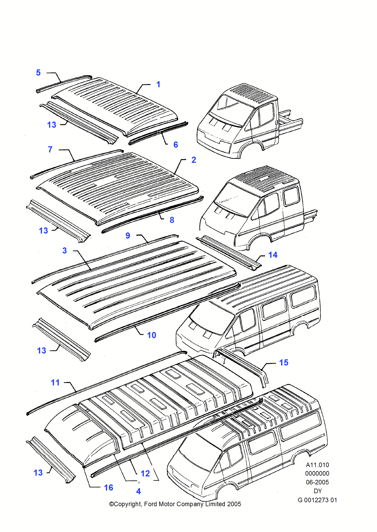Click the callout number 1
[158, 85]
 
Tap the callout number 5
[38, 73]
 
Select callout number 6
[176, 145]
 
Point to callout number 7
[50, 149]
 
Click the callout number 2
[194, 160]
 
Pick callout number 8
[172, 220]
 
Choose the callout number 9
[128, 236]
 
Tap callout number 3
[65, 251]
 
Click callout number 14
[273, 255]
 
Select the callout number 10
[152, 335]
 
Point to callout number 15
[284, 363]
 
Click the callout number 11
[55, 383]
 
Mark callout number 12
[145, 473]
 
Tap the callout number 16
[108, 488]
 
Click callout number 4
[139, 491]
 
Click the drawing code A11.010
[317, 465]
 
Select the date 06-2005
[317, 482]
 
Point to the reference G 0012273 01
[317, 500]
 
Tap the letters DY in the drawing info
[318, 491]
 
